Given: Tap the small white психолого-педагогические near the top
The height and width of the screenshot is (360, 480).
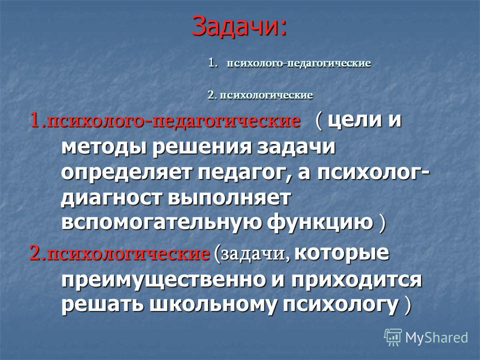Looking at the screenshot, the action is click(x=298, y=63).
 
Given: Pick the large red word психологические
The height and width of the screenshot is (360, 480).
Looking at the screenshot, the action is click(x=128, y=253).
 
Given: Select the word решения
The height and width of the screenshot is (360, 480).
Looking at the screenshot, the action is click(x=202, y=147).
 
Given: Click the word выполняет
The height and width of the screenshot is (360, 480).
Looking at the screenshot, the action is click(x=229, y=198).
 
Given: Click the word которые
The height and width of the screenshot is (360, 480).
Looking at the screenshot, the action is click(x=341, y=253).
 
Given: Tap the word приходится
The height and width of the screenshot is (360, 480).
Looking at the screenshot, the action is click(x=356, y=280).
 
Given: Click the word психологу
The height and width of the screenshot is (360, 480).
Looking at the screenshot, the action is click(x=340, y=305).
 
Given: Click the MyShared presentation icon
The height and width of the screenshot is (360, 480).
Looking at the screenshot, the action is click(x=393, y=337).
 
